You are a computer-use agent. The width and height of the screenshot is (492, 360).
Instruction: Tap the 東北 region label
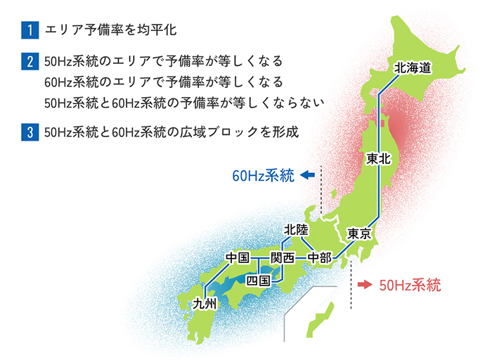[378, 159]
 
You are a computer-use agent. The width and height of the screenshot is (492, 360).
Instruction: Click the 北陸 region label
[296, 230]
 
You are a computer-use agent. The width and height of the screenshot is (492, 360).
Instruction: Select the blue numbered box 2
[29, 62]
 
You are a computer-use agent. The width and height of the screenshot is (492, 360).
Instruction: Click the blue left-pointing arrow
[306, 176]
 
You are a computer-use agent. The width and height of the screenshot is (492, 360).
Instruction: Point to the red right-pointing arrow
[363, 285]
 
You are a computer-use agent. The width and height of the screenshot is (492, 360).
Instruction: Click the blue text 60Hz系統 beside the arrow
[263, 176]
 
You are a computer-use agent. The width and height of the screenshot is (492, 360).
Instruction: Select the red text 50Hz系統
[410, 285]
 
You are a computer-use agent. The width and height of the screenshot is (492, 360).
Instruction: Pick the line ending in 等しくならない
[183, 103]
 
